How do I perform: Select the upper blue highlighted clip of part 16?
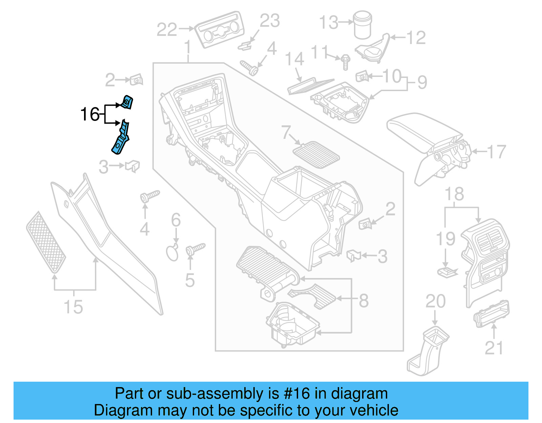(127, 102)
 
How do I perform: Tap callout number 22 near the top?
(167, 29)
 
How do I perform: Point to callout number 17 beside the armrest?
(497, 152)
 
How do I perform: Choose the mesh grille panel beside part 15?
(46, 242)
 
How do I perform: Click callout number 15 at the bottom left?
(73, 307)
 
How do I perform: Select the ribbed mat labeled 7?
(316, 155)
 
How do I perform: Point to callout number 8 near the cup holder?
(363, 300)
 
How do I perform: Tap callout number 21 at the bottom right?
(494, 347)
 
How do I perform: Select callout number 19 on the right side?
(445, 239)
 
